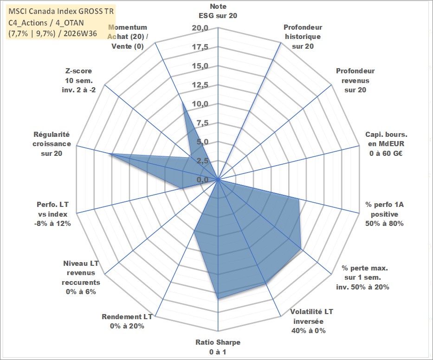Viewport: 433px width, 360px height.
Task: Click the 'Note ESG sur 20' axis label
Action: (218, 11)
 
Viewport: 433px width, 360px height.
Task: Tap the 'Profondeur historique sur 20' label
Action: (303, 37)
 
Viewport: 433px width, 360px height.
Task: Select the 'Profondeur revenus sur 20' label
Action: (355, 80)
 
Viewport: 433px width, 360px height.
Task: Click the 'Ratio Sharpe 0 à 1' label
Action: (218, 347)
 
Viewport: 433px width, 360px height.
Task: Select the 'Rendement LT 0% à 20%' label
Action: (127, 321)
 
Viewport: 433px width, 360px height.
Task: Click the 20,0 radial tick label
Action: (200, 28)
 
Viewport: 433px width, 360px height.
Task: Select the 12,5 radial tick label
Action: (200, 85)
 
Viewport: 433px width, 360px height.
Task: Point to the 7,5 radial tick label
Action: (202, 123)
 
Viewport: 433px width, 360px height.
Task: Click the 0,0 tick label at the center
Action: (202, 180)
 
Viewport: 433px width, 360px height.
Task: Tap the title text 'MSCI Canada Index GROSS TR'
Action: (61, 11)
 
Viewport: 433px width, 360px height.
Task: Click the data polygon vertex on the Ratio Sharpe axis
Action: (218, 298)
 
